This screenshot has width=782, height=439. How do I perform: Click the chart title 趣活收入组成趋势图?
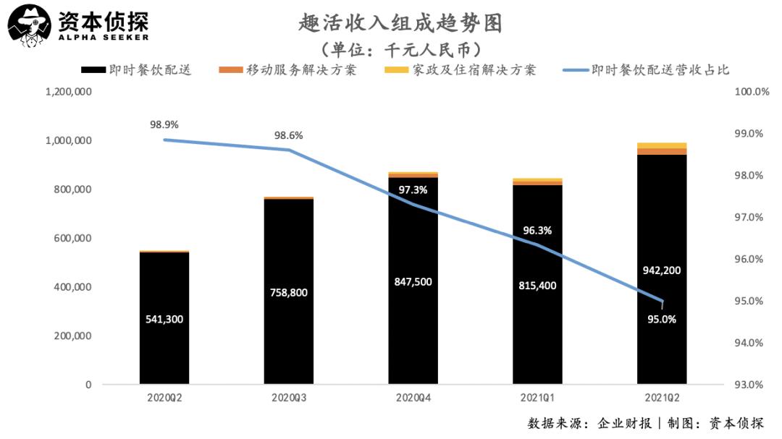pyautogui.click(x=400, y=23)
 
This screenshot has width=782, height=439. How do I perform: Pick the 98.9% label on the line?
pyautogui.click(x=164, y=124)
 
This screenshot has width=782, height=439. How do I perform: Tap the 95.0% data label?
pyautogui.click(x=661, y=319)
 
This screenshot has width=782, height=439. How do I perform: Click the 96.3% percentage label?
pyautogui.click(x=537, y=231)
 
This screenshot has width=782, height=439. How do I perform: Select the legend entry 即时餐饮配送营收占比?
pyautogui.click(x=660, y=70)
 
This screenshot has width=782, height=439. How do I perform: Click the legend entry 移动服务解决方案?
pyautogui.click(x=301, y=70)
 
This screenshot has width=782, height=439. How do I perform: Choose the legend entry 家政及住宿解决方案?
pyautogui.click(x=474, y=70)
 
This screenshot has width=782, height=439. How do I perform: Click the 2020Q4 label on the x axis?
pyautogui.click(x=413, y=398)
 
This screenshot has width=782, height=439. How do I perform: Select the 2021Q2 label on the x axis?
pyautogui.click(x=662, y=398)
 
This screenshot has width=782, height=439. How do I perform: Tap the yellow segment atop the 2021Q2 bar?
pyautogui.click(x=662, y=145)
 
